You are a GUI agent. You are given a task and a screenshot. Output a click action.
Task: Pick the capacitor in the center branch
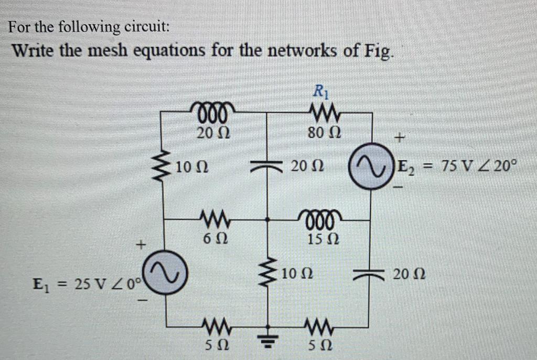267,166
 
